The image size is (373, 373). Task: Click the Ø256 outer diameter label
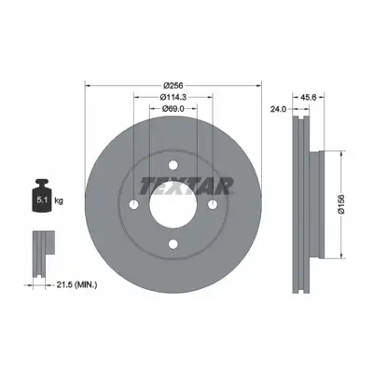tap(173, 85)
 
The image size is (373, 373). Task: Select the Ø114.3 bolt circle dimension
tap(173, 97)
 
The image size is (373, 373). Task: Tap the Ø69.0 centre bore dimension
tap(173, 108)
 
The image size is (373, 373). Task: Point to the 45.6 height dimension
tap(308, 97)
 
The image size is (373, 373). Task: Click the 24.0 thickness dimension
tap(278, 109)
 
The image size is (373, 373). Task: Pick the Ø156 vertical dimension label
tap(341, 204)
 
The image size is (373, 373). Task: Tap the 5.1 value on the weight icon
tap(42, 200)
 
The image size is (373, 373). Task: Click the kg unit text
tap(59, 200)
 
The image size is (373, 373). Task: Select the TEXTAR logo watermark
tap(186, 186)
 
